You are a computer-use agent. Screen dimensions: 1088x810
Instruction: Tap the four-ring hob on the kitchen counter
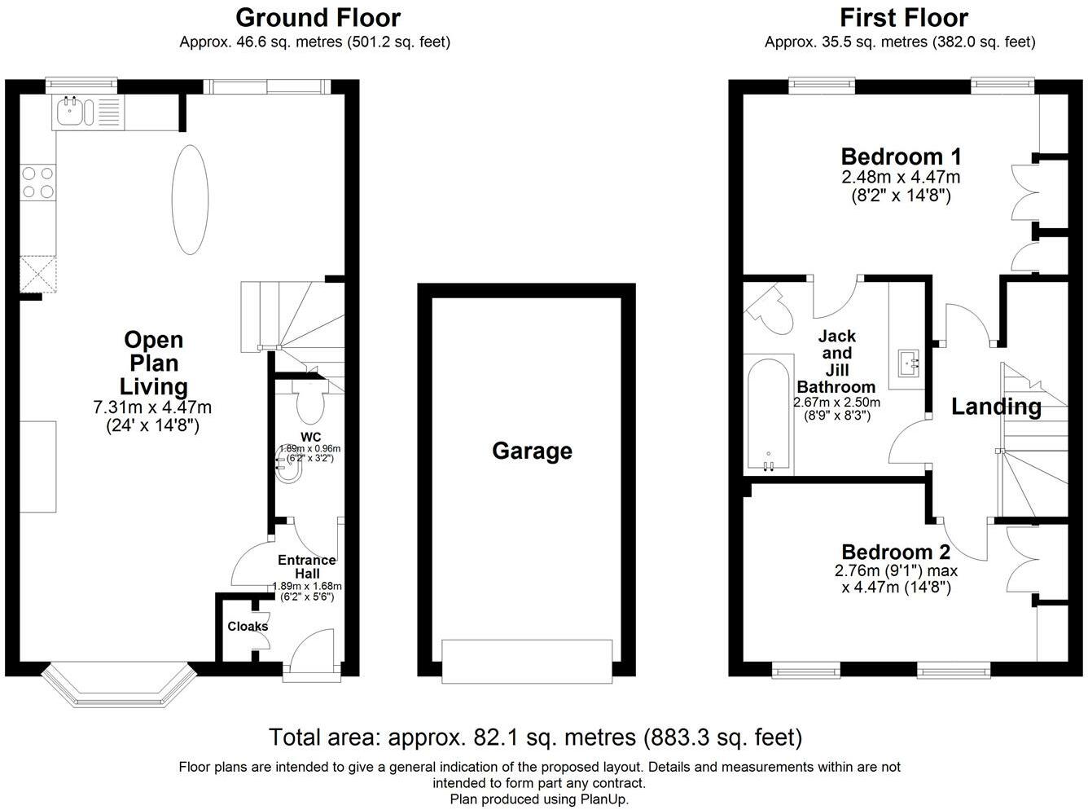(x=38, y=183)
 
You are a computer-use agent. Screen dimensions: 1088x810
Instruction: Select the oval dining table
(x=190, y=200)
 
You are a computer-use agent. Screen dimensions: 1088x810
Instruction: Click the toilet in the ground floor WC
(x=310, y=402)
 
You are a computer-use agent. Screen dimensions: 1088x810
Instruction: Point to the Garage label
(x=532, y=451)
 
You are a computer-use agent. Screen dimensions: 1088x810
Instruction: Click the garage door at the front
(x=527, y=661)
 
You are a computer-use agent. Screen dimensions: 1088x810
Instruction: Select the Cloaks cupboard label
(x=248, y=627)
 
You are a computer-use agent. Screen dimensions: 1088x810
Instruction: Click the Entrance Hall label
(x=307, y=566)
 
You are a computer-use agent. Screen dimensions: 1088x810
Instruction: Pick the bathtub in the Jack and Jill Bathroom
(x=769, y=415)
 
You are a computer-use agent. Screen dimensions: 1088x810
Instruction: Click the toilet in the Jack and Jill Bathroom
(x=770, y=310)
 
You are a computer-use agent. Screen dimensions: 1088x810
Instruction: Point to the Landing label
(x=996, y=407)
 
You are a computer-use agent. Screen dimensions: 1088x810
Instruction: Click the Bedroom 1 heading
(x=902, y=156)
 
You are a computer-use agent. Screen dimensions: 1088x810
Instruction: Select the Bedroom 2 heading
(x=896, y=552)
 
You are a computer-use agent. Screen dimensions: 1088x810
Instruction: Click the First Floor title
(x=904, y=18)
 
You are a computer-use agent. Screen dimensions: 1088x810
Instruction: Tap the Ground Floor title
(x=318, y=18)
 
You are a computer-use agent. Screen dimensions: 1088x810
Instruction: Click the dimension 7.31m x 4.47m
(x=152, y=407)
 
